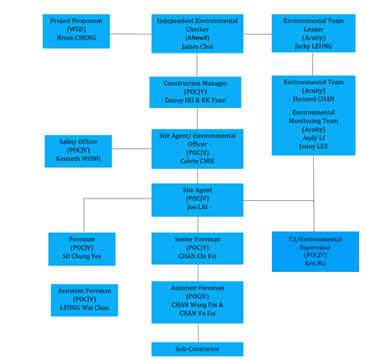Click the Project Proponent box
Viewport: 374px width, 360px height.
coord(76,31)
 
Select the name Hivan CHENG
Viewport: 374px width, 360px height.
coord(77,38)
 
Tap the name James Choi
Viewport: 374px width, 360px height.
coord(197,47)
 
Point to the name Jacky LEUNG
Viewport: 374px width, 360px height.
coord(314,46)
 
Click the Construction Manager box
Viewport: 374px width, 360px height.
coord(195,92)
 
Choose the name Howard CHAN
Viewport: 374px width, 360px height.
coord(314,99)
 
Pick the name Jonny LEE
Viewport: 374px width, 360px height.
coord(314,147)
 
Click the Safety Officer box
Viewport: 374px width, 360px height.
coord(78,152)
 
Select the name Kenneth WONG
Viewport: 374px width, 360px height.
coord(78,159)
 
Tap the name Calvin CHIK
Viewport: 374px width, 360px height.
coord(197,161)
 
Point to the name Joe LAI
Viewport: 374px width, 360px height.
coord(197,207)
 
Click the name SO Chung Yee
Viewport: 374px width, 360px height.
coord(82,256)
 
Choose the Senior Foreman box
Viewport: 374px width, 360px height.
coord(197,249)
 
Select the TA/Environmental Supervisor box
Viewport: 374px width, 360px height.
coord(316,251)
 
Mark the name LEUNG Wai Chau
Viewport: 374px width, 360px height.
coord(84,308)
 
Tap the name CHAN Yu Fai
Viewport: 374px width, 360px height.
coord(197,313)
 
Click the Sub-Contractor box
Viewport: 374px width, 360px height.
coord(197,349)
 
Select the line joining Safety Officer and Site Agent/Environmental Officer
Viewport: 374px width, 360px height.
coord(132,149)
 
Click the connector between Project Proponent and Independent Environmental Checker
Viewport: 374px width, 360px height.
coord(131,34)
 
